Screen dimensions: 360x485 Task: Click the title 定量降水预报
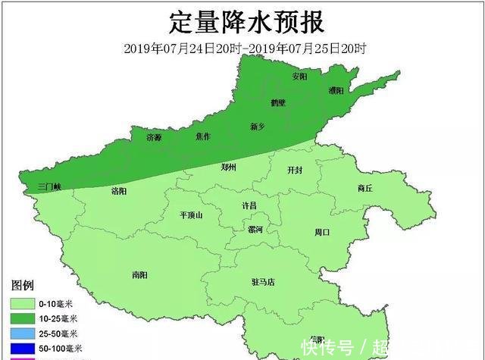246,22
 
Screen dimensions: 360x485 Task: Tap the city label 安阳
300,77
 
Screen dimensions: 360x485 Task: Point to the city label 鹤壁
278,103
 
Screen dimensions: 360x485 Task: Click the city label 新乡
258,126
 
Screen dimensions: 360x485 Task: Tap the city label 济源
154,137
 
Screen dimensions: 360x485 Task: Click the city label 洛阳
119,189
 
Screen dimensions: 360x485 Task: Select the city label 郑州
229,167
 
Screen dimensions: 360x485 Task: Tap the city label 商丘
365,188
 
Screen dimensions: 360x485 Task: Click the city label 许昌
249,205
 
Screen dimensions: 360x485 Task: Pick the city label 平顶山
191,215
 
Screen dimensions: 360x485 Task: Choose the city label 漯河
255,230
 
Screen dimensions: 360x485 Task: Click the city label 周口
322,232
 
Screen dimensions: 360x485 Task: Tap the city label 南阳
139,275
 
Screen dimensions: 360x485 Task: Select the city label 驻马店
263,282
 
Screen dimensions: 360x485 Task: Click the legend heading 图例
23,285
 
